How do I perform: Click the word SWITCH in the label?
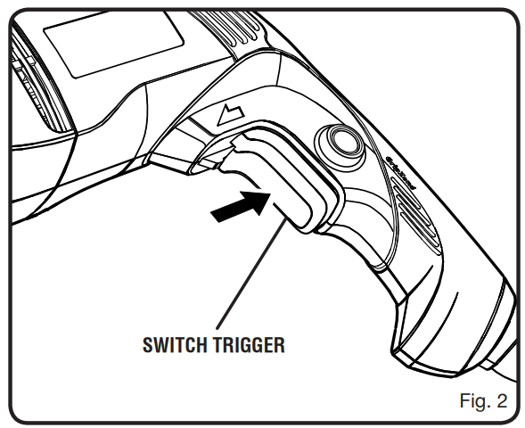point(174,345)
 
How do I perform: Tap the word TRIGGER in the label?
point(248,345)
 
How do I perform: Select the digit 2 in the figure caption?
point(502,401)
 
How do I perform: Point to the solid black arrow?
point(241,206)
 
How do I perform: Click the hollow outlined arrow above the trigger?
point(231,115)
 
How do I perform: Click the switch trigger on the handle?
point(284,181)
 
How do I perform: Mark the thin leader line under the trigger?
point(250,272)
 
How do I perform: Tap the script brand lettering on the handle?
point(400,173)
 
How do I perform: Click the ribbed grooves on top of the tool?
point(227,29)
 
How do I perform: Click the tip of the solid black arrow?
point(270,193)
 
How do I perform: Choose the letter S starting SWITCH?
point(148,345)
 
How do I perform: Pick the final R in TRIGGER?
point(279,345)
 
